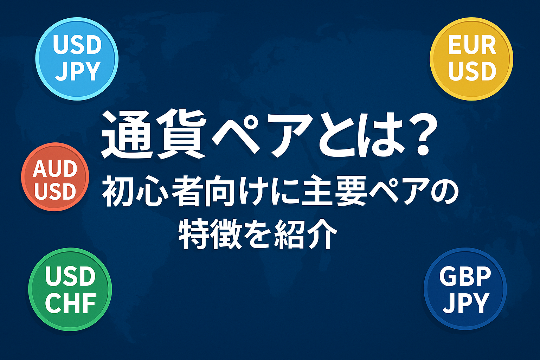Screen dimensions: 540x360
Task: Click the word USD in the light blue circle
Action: click(x=77, y=45)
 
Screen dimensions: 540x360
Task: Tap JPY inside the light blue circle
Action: click(x=78, y=71)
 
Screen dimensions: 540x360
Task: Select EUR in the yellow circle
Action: click(x=472, y=45)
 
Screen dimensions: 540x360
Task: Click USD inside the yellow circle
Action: click(x=472, y=71)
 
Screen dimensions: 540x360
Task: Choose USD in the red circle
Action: click(x=55, y=191)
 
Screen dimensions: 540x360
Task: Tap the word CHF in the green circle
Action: click(x=70, y=303)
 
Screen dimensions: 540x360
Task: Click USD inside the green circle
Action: click(x=70, y=276)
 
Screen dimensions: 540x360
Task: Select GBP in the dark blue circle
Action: click(x=465, y=276)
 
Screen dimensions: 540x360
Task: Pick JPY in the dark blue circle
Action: click(x=465, y=303)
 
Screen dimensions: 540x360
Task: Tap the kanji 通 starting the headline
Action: click(x=126, y=134)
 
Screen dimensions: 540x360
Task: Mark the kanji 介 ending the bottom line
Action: click(x=322, y=234)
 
